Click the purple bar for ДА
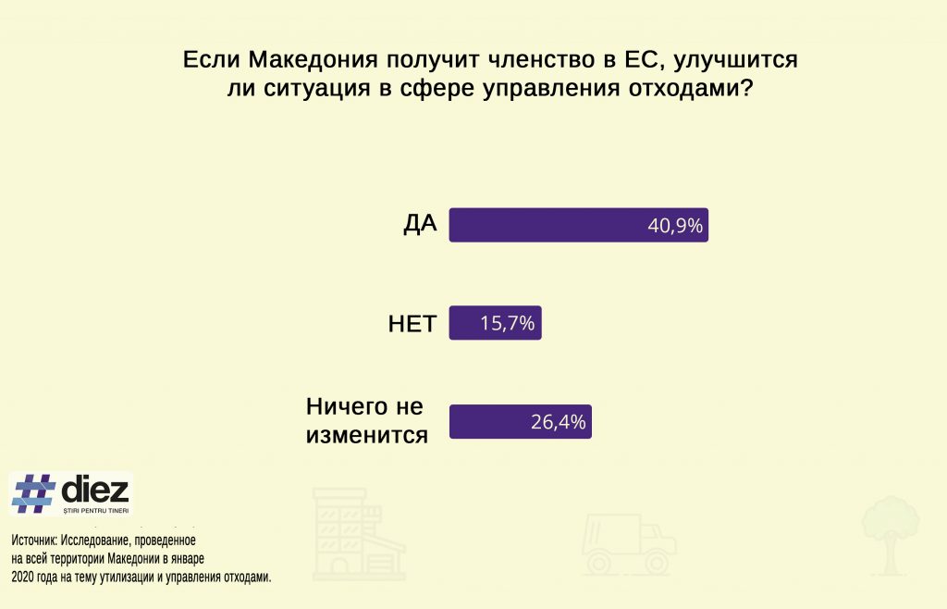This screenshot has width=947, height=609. click(579, 225)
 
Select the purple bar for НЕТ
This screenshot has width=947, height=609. click(496, 323)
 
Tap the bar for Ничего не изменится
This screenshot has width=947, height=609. click(520, 421)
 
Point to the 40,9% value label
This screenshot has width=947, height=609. click(675, 226)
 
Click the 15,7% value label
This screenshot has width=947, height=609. click(508, 324)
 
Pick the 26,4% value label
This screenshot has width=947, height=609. click(558, 422)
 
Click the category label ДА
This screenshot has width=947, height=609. click(421, 224)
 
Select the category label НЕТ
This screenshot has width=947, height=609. click(412, 324)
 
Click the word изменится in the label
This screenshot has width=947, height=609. click(367, 435)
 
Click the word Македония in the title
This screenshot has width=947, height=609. click(314, 60)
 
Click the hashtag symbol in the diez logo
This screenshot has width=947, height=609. click(34, 493)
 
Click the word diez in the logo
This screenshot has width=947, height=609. click(95, 490)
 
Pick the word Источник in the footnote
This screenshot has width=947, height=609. click(34, 541)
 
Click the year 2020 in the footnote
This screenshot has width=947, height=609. click(22, 577)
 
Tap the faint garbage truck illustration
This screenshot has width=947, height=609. click(628, 544)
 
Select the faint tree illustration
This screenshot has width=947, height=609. click(891, 535)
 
